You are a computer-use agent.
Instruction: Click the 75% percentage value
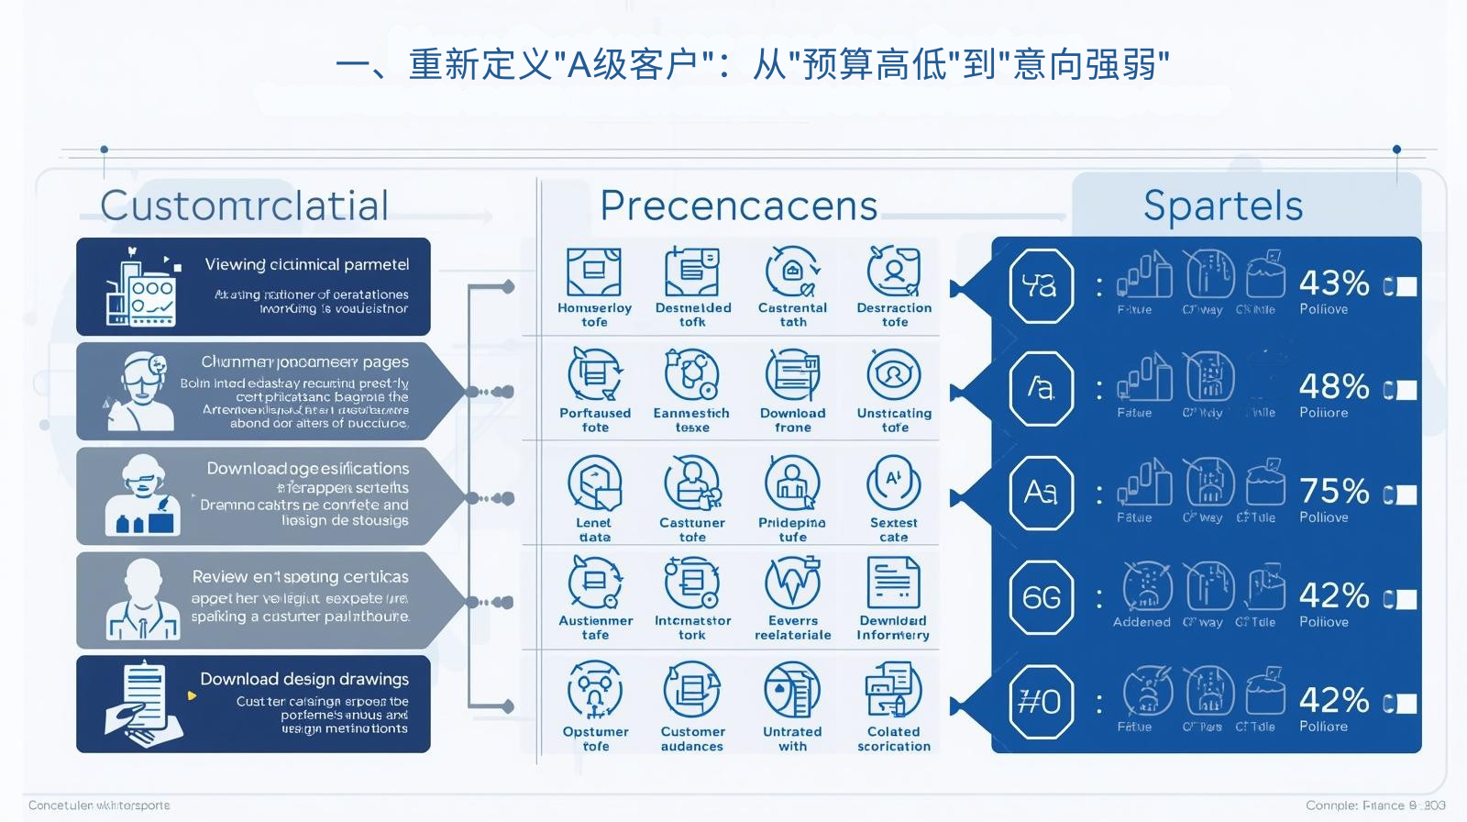(x=1334, y=492)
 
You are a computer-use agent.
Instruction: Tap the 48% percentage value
(x=1334, y=386)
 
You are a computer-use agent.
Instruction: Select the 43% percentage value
(x=1334, y=283)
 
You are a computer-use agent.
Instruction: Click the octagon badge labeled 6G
(x=1041, y=598)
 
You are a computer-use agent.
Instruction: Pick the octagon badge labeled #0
(x=1041, y=703)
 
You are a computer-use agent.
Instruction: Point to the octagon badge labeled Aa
(x=1041, y=493)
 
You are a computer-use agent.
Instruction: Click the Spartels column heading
(x=1223, y=205)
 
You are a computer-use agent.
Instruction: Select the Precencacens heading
(x=739, y=205)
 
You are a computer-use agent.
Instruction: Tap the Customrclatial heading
(x=245, y=205)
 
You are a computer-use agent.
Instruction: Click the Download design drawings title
(x=304, y=679)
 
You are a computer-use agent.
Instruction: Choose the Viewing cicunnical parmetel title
(x=307, y=264)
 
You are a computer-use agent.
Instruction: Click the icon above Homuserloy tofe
(x=594, y=272)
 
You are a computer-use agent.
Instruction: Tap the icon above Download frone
(x=792, y=375)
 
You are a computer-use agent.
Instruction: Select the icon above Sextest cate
(x=893, y=483)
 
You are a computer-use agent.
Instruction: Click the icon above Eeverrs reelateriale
(x=792, y=584)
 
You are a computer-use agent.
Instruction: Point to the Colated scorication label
(x=894, y=739)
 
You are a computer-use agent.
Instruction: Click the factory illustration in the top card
(x=140, y=288)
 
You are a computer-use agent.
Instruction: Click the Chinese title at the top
(x=752, y=65)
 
